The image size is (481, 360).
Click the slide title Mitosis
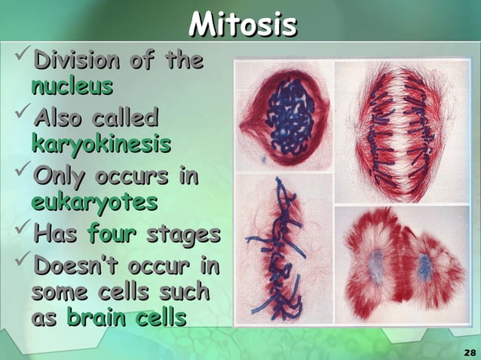[x=242, y=25]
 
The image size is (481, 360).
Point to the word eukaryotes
[x=94, y=202]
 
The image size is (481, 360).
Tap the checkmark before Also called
[x=20, y=114]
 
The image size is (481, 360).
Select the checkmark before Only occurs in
[x=20, y=173]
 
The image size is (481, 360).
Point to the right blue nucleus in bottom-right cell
[x=426, y=267]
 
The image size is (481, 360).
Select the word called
[x=124, y=118]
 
